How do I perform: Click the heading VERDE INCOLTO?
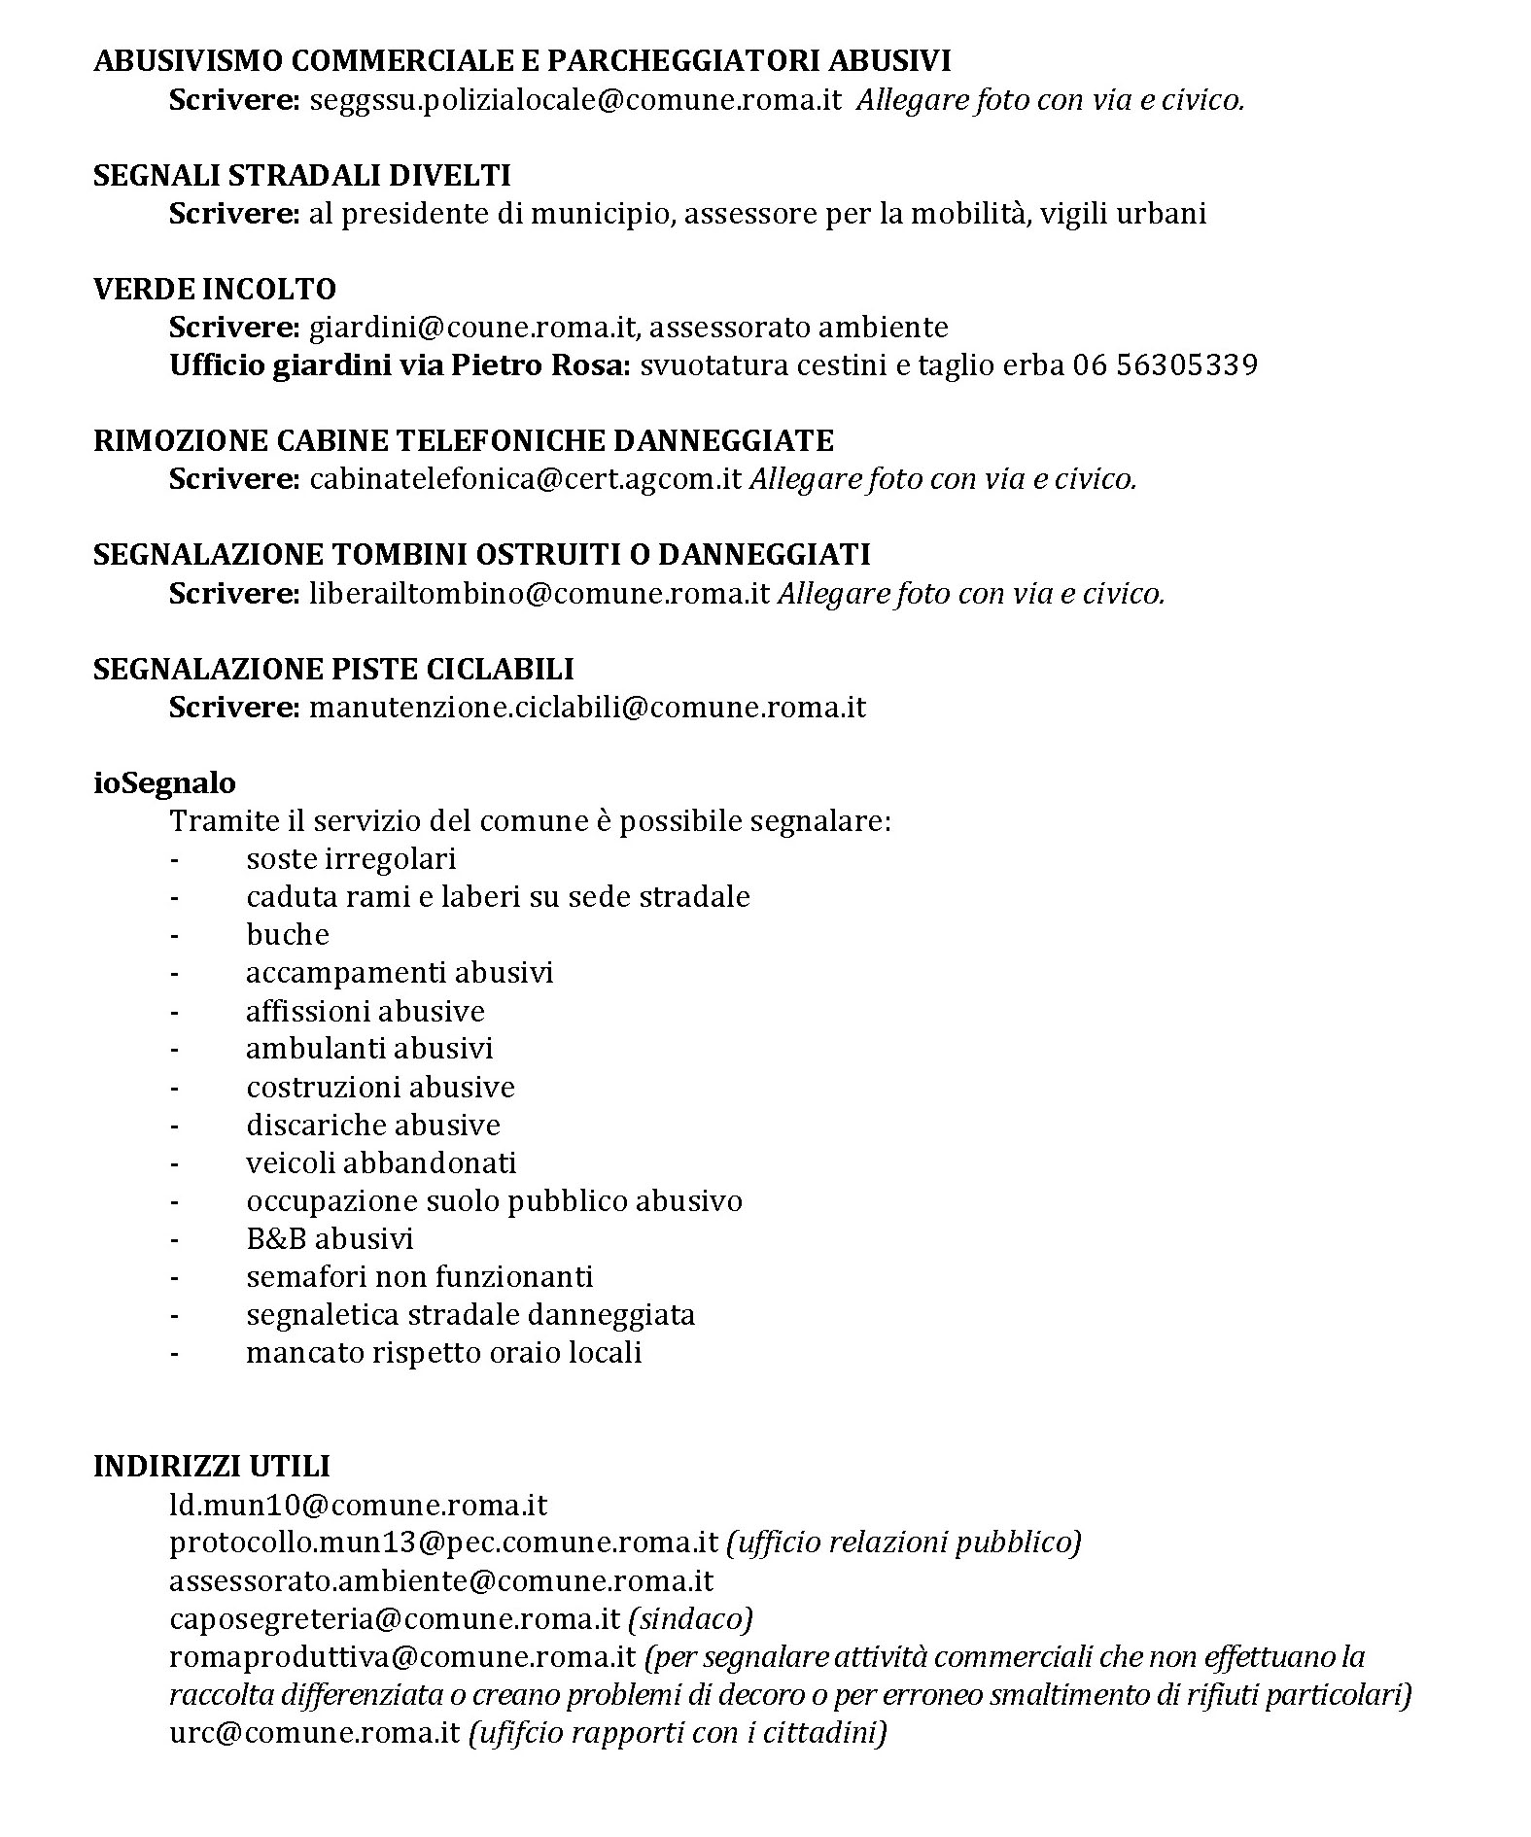[214, 290]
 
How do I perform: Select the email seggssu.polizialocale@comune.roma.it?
[574, 101]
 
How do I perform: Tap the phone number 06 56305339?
[1165, 365]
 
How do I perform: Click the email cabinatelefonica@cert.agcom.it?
[526, 479]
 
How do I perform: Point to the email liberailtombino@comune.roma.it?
[539, 593]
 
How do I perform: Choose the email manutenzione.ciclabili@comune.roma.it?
[587, 707]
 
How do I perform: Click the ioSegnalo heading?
[164, 782]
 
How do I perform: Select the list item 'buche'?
[288, 935]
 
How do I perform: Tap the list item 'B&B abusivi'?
[330, 1239]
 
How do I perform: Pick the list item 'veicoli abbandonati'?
[381, 1163]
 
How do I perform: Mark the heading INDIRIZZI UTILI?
[211, 1467]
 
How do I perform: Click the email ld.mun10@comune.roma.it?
[358, 1507]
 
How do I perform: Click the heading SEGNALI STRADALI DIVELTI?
[301, 176]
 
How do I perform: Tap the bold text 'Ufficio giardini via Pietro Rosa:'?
[400, 365]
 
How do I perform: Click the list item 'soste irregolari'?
[351, 859]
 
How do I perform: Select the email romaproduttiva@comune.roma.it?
[402, 1657]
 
